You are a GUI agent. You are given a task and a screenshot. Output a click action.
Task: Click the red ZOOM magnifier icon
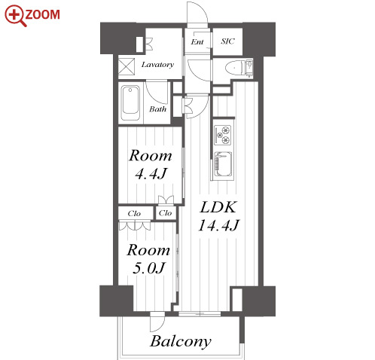coord(15,16)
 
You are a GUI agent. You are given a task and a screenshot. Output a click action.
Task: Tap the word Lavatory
coord(157,65)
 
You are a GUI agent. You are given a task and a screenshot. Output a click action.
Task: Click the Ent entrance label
coord(197,41)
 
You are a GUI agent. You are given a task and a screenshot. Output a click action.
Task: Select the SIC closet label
coord(227,41)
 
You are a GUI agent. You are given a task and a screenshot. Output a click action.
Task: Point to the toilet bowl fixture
coord(234,68)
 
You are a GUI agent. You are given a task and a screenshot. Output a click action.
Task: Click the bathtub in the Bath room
coord(130,103)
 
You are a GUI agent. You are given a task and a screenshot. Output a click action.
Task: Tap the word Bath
coord(157,109)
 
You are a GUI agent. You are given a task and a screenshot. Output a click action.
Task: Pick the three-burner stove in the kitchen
coord(223,135)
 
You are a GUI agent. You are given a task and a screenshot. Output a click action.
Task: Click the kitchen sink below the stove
coord(223,164)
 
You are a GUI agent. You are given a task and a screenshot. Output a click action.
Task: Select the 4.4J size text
coord(151,174)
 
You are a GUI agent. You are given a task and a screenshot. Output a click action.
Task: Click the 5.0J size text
coord(148,267)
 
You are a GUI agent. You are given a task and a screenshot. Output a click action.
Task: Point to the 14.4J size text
coord(218,225)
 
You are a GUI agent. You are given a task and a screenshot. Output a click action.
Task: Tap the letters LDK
coord(218,208)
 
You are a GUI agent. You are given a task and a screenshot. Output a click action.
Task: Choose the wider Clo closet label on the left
coord(134,214)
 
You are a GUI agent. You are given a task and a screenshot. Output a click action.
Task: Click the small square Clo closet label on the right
coord(165,213)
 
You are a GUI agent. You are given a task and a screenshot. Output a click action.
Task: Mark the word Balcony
coord(181,341)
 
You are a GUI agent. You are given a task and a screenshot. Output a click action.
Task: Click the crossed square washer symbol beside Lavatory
coord(127,66)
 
